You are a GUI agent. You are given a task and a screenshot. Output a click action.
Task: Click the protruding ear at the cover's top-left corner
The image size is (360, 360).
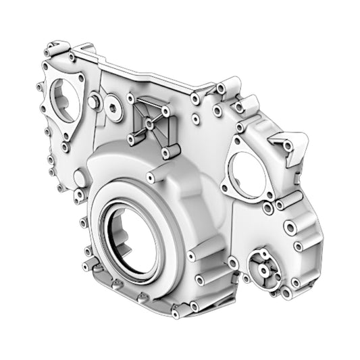pyautogui.click(x=48, y=49)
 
